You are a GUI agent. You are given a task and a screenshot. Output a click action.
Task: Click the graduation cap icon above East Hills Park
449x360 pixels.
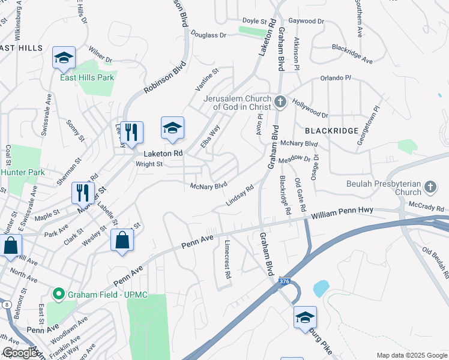coord(64,58)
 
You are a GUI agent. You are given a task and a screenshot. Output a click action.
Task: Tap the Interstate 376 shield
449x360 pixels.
coord(285,281)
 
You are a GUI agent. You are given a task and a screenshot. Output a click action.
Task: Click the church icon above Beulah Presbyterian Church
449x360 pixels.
coord(430,187)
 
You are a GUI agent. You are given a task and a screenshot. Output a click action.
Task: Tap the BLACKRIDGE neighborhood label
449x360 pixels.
coord(331,130)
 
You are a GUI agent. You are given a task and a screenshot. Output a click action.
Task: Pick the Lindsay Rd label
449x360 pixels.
coord(240,196)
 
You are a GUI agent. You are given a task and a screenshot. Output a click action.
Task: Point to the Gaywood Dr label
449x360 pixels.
coord(306,21)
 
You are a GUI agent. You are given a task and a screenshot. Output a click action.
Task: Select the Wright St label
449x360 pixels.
coord(149,164)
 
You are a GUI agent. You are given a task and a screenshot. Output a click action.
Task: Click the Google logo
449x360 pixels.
coord(20,353)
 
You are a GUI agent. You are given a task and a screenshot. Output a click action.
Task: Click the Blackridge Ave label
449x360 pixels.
coord(352,54)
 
